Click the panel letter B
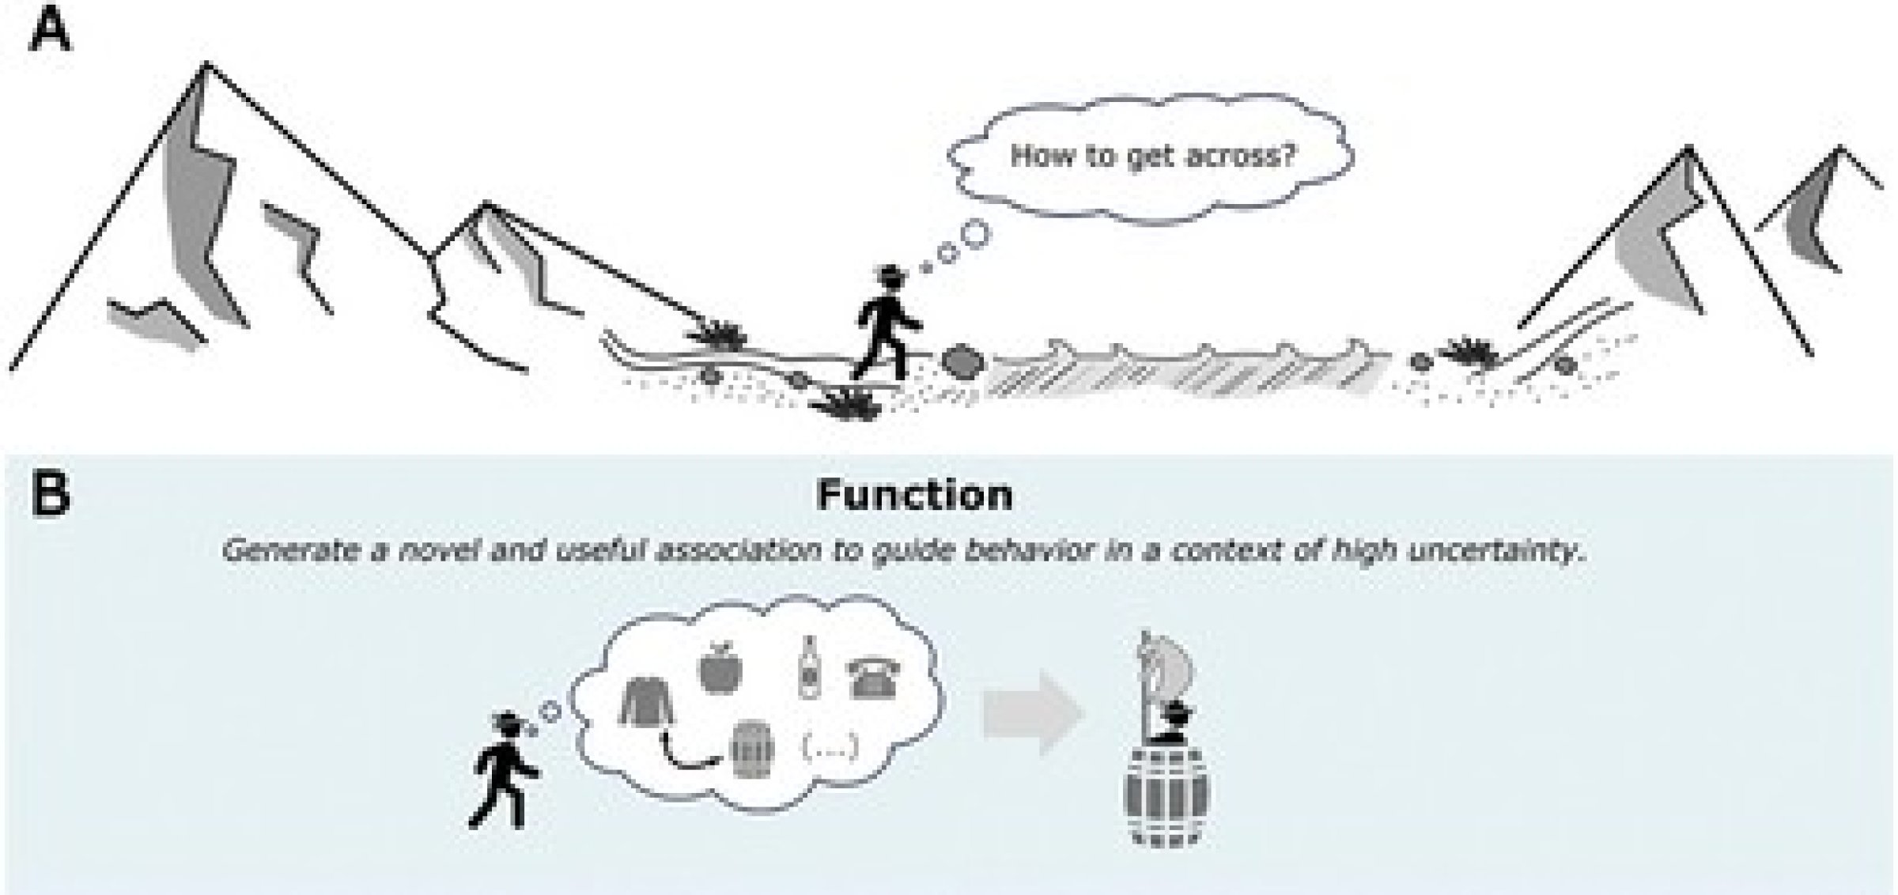pyautogui.click(x=49, y=494)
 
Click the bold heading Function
pyautogui.click(x=914, y=496)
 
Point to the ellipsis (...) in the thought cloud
pyautogui.click(x=830, y=746)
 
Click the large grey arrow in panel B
pyautogui.click(x=1032, y=714)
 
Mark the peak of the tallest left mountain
pyautogui.click(x=207, y=63)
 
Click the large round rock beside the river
pyautogui.click(x=961, y=361)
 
